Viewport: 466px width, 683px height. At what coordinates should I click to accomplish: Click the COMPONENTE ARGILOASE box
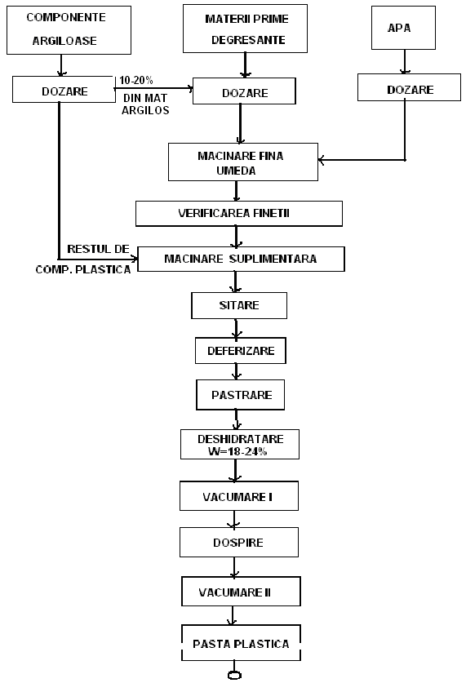coord(69,30)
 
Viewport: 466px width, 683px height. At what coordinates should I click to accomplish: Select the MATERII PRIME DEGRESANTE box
coord(245,29)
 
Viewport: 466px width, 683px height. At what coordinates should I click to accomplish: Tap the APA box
coord(403,28)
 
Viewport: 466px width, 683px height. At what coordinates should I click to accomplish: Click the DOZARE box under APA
coord(409,87)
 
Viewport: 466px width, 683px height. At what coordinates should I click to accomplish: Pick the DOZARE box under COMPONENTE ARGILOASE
coord(64,89)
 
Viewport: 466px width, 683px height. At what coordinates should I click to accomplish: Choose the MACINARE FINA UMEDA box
coord(243,162)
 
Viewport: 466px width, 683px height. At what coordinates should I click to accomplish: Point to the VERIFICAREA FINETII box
coord(238,214)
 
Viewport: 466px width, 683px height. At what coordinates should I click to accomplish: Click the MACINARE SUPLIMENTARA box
coord(241,259)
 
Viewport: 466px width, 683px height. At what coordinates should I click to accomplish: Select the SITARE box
coord(239,305)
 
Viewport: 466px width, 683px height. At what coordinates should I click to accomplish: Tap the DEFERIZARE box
coord(241,351)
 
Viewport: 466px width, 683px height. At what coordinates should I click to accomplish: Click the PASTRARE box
coord(241,395)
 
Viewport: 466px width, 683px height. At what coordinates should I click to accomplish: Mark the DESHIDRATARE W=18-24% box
coord(240,444)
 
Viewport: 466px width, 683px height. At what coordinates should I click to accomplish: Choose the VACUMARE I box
coord(239,495)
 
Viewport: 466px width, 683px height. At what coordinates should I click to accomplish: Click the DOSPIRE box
coord(239,543)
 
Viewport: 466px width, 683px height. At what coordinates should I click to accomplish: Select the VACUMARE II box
coord(241,591)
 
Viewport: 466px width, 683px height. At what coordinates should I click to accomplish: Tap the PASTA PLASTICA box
coord(241,643)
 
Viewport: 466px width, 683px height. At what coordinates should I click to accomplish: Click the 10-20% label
coord(136,80)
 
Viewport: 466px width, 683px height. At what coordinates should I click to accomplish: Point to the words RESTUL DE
coord(98,249)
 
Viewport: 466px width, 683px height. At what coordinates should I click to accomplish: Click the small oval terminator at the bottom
coord(234,675)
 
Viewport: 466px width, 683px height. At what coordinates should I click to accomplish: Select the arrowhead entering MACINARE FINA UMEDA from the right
coord(321,160)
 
